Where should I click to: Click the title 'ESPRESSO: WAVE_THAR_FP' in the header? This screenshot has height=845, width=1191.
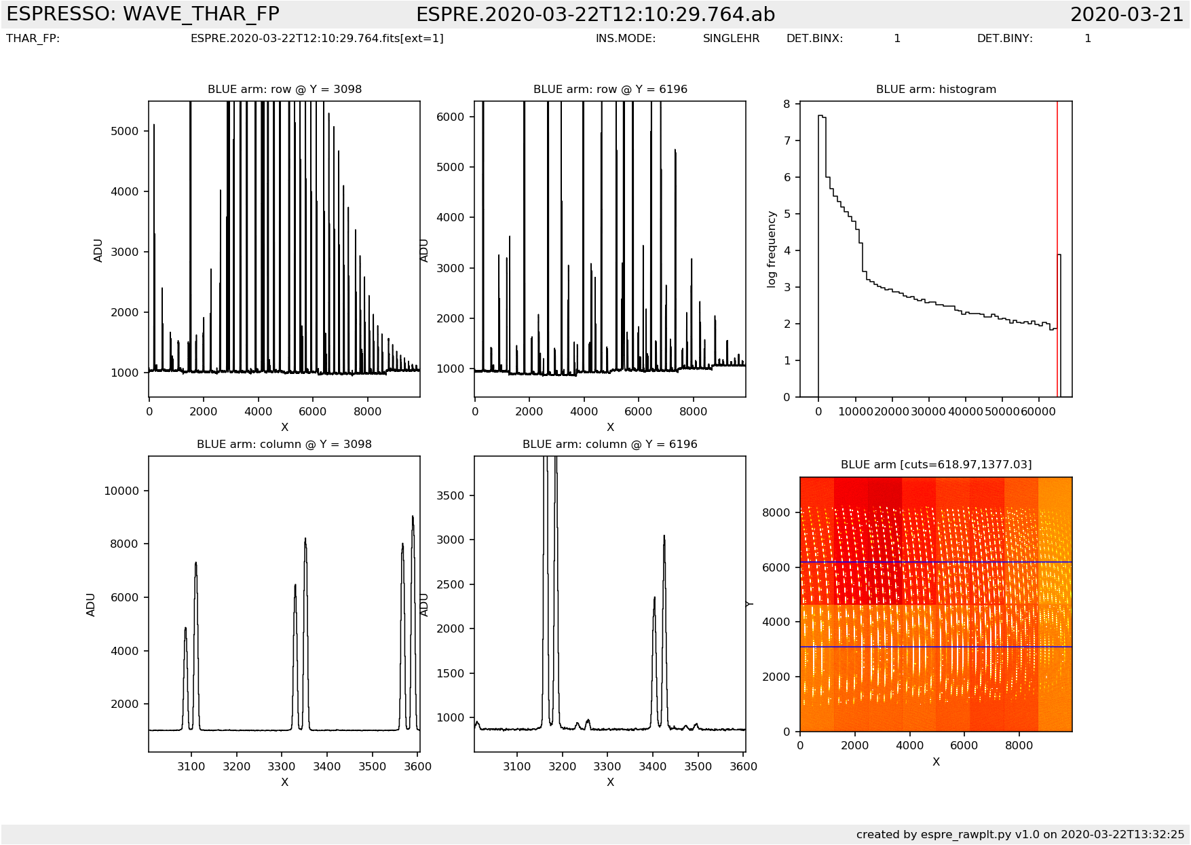pos(143,14)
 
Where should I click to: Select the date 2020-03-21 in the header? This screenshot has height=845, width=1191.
pos(1127,14)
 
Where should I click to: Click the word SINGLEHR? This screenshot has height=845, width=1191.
pos(731,39)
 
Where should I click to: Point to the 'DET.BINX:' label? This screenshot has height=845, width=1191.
pos(814,39)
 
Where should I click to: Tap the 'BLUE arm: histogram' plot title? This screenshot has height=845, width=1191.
pos(936,89)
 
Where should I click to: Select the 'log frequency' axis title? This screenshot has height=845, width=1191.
pos(772,249)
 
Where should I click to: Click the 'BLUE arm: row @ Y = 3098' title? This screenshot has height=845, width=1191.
pos(284,89)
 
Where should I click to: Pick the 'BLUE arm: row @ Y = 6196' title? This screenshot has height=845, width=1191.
pos(610,89)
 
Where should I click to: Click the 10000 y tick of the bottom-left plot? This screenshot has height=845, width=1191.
pos(121,491)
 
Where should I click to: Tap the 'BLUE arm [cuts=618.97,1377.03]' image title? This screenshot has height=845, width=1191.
pos(936,464)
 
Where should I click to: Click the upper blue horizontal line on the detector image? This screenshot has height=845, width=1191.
pos(936,563)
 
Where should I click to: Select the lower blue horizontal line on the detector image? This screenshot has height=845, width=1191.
pos(936,647)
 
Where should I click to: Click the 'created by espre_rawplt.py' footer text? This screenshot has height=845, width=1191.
pos(1020,834)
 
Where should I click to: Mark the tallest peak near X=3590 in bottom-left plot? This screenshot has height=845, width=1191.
pos(413,517)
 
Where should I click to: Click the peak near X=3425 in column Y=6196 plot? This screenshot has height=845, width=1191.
pos(664,537)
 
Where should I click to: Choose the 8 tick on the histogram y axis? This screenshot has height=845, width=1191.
pos(787,104)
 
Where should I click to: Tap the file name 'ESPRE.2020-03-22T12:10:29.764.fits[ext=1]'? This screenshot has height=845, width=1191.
pos(317,39)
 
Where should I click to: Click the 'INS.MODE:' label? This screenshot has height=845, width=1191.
pos(626,39)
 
